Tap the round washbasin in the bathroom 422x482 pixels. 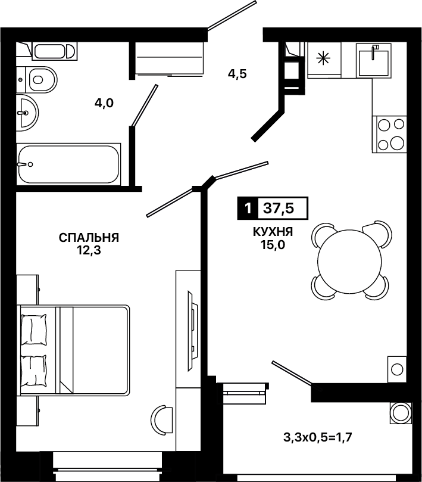[x=27, y=113]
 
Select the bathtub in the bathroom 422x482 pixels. [x=68, y=164]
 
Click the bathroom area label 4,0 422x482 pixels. [x=104, y=103]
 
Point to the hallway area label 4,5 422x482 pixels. [x=237, y=74]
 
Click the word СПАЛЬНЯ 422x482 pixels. [x=89, y=238]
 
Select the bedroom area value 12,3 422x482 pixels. [x=89, y=251]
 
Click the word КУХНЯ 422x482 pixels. [x=273, y=232]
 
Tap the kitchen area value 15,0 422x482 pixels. [x=273, y=245]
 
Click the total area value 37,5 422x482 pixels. [x=279, y=209]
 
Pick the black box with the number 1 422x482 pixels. [x=248, y=208]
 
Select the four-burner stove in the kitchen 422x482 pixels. [x=389, y=134]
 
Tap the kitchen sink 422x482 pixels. [x=374, y=60]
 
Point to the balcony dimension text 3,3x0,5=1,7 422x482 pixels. [x=317, y=437]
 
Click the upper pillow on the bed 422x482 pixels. [x=33, y=329]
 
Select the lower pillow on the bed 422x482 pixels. [x=33, y=371]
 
